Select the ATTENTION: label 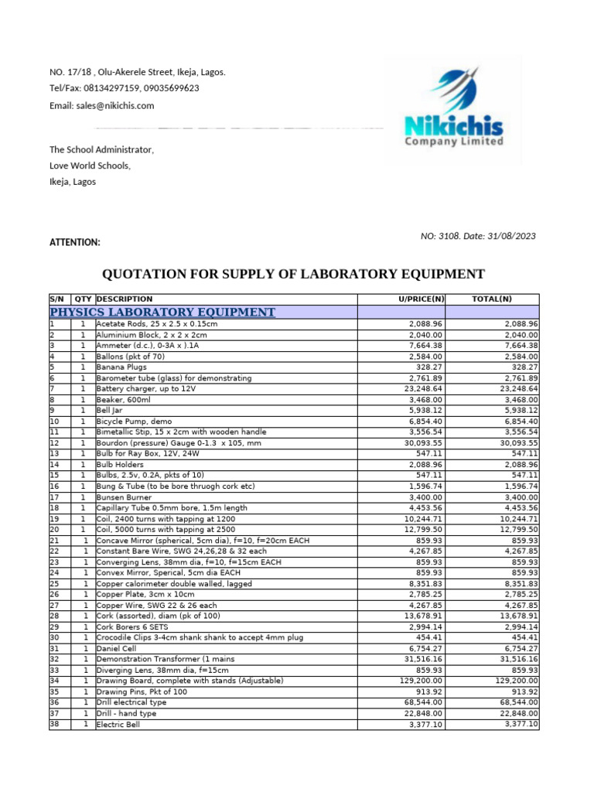[x=75, y=242]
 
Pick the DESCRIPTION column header [x=125, y=299]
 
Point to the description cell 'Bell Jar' [x=110, y=410]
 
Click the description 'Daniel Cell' [x=116, y=648]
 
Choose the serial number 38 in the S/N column [x=54, y=725]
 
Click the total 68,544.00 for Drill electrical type [x=514, y=702]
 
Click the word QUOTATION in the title [x=147, y=274]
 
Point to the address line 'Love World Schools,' [x=90, y=166]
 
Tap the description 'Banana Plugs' [x=121, y=367]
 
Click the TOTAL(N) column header [x=492, y=299]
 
